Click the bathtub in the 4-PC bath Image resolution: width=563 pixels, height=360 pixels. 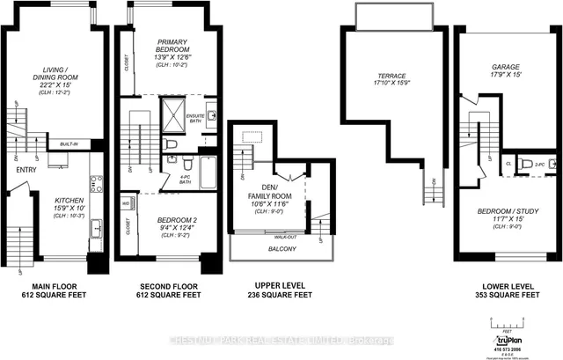pos(208,171)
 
